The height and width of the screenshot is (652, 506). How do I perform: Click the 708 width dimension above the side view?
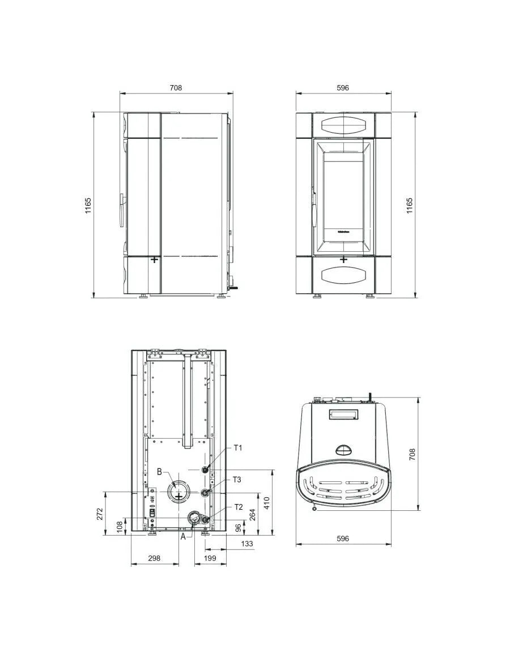tap(176, 88)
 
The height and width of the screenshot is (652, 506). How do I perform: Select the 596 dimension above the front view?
tap(343, 88)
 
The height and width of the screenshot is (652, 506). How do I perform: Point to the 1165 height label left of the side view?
tap(88, 205)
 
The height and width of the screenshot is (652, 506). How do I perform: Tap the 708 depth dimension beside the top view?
tap(413, 454)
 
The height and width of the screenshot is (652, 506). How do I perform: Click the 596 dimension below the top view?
tap(343, 539)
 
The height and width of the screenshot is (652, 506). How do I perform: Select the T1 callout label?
tap(238, 448)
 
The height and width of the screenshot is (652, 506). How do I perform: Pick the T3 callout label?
tap(237, 480)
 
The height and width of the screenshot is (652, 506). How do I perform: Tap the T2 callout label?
tap(239, 506)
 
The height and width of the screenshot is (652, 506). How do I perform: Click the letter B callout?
tap(160, 472)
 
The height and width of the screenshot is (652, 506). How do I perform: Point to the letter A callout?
tap(183, 537)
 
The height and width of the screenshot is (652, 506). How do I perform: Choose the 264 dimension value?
tap(252, 515)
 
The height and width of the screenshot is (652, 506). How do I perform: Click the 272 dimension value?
tap(100, 514)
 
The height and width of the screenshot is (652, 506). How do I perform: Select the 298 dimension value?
tap(154, 558)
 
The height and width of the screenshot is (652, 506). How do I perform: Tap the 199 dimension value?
tap(210, 558)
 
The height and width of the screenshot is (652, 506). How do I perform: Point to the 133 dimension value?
tap(246, 544)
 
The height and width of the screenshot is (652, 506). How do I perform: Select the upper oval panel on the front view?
tap(343, 124)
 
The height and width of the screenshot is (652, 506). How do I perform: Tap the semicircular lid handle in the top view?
tap(343, 450)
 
